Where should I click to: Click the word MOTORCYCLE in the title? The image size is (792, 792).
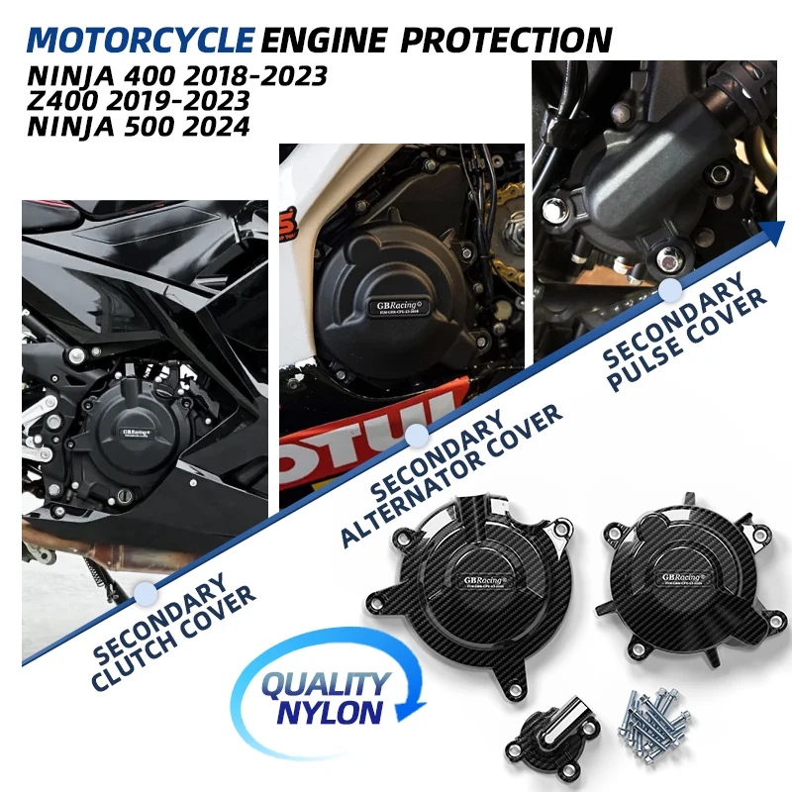coord(142,40)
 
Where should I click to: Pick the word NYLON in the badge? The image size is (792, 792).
coord(332,711)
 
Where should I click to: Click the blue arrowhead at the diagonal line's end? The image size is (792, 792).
coord(775,234)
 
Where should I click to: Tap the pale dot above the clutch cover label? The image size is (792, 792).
coord(146,592)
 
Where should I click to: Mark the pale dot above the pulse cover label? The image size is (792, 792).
coord(671,288)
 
